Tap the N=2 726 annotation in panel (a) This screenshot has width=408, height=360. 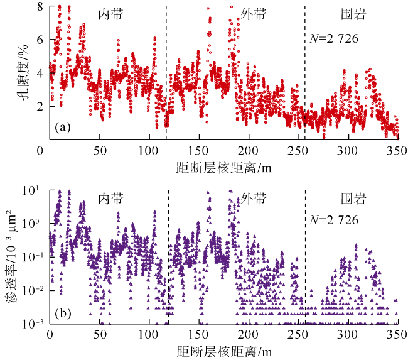pyautogui.click(x=335, y=39)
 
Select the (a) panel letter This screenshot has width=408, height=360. pyautogui.click(x=63, y=128)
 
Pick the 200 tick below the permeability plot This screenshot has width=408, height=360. pyautogui.click(x=248, y=335)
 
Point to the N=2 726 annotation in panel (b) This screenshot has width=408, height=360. pyautogui.click(x=335, y=221)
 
